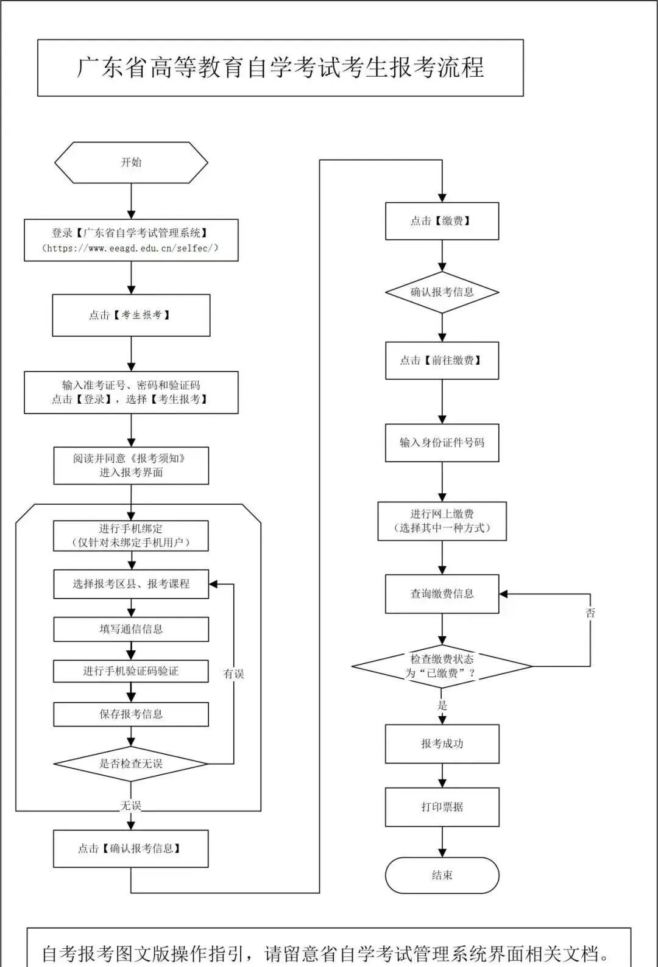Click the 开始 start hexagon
pos(131,163)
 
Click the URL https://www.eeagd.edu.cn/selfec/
pos(130,248)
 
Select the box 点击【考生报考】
pos(131,315)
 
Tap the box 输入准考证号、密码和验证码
pos(131,392)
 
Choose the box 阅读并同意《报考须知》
pos(131,465)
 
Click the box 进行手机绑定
pos(131,535)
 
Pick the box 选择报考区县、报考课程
pos(131,584)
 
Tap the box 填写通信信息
pos(131,629)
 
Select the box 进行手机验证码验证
pos(131,671)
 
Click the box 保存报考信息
pos(131,714)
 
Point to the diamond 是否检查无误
pos(131,764)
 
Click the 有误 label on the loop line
pos(233,673)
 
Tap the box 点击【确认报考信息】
pos(131,848)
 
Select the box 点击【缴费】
pos(442,221)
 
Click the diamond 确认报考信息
pos(442,292)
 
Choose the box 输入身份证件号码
pos(442,443)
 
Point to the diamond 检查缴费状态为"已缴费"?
pos(442,666)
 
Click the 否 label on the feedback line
pos(590,613)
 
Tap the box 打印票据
pos(442,807)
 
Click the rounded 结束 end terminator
pos(442,875)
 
